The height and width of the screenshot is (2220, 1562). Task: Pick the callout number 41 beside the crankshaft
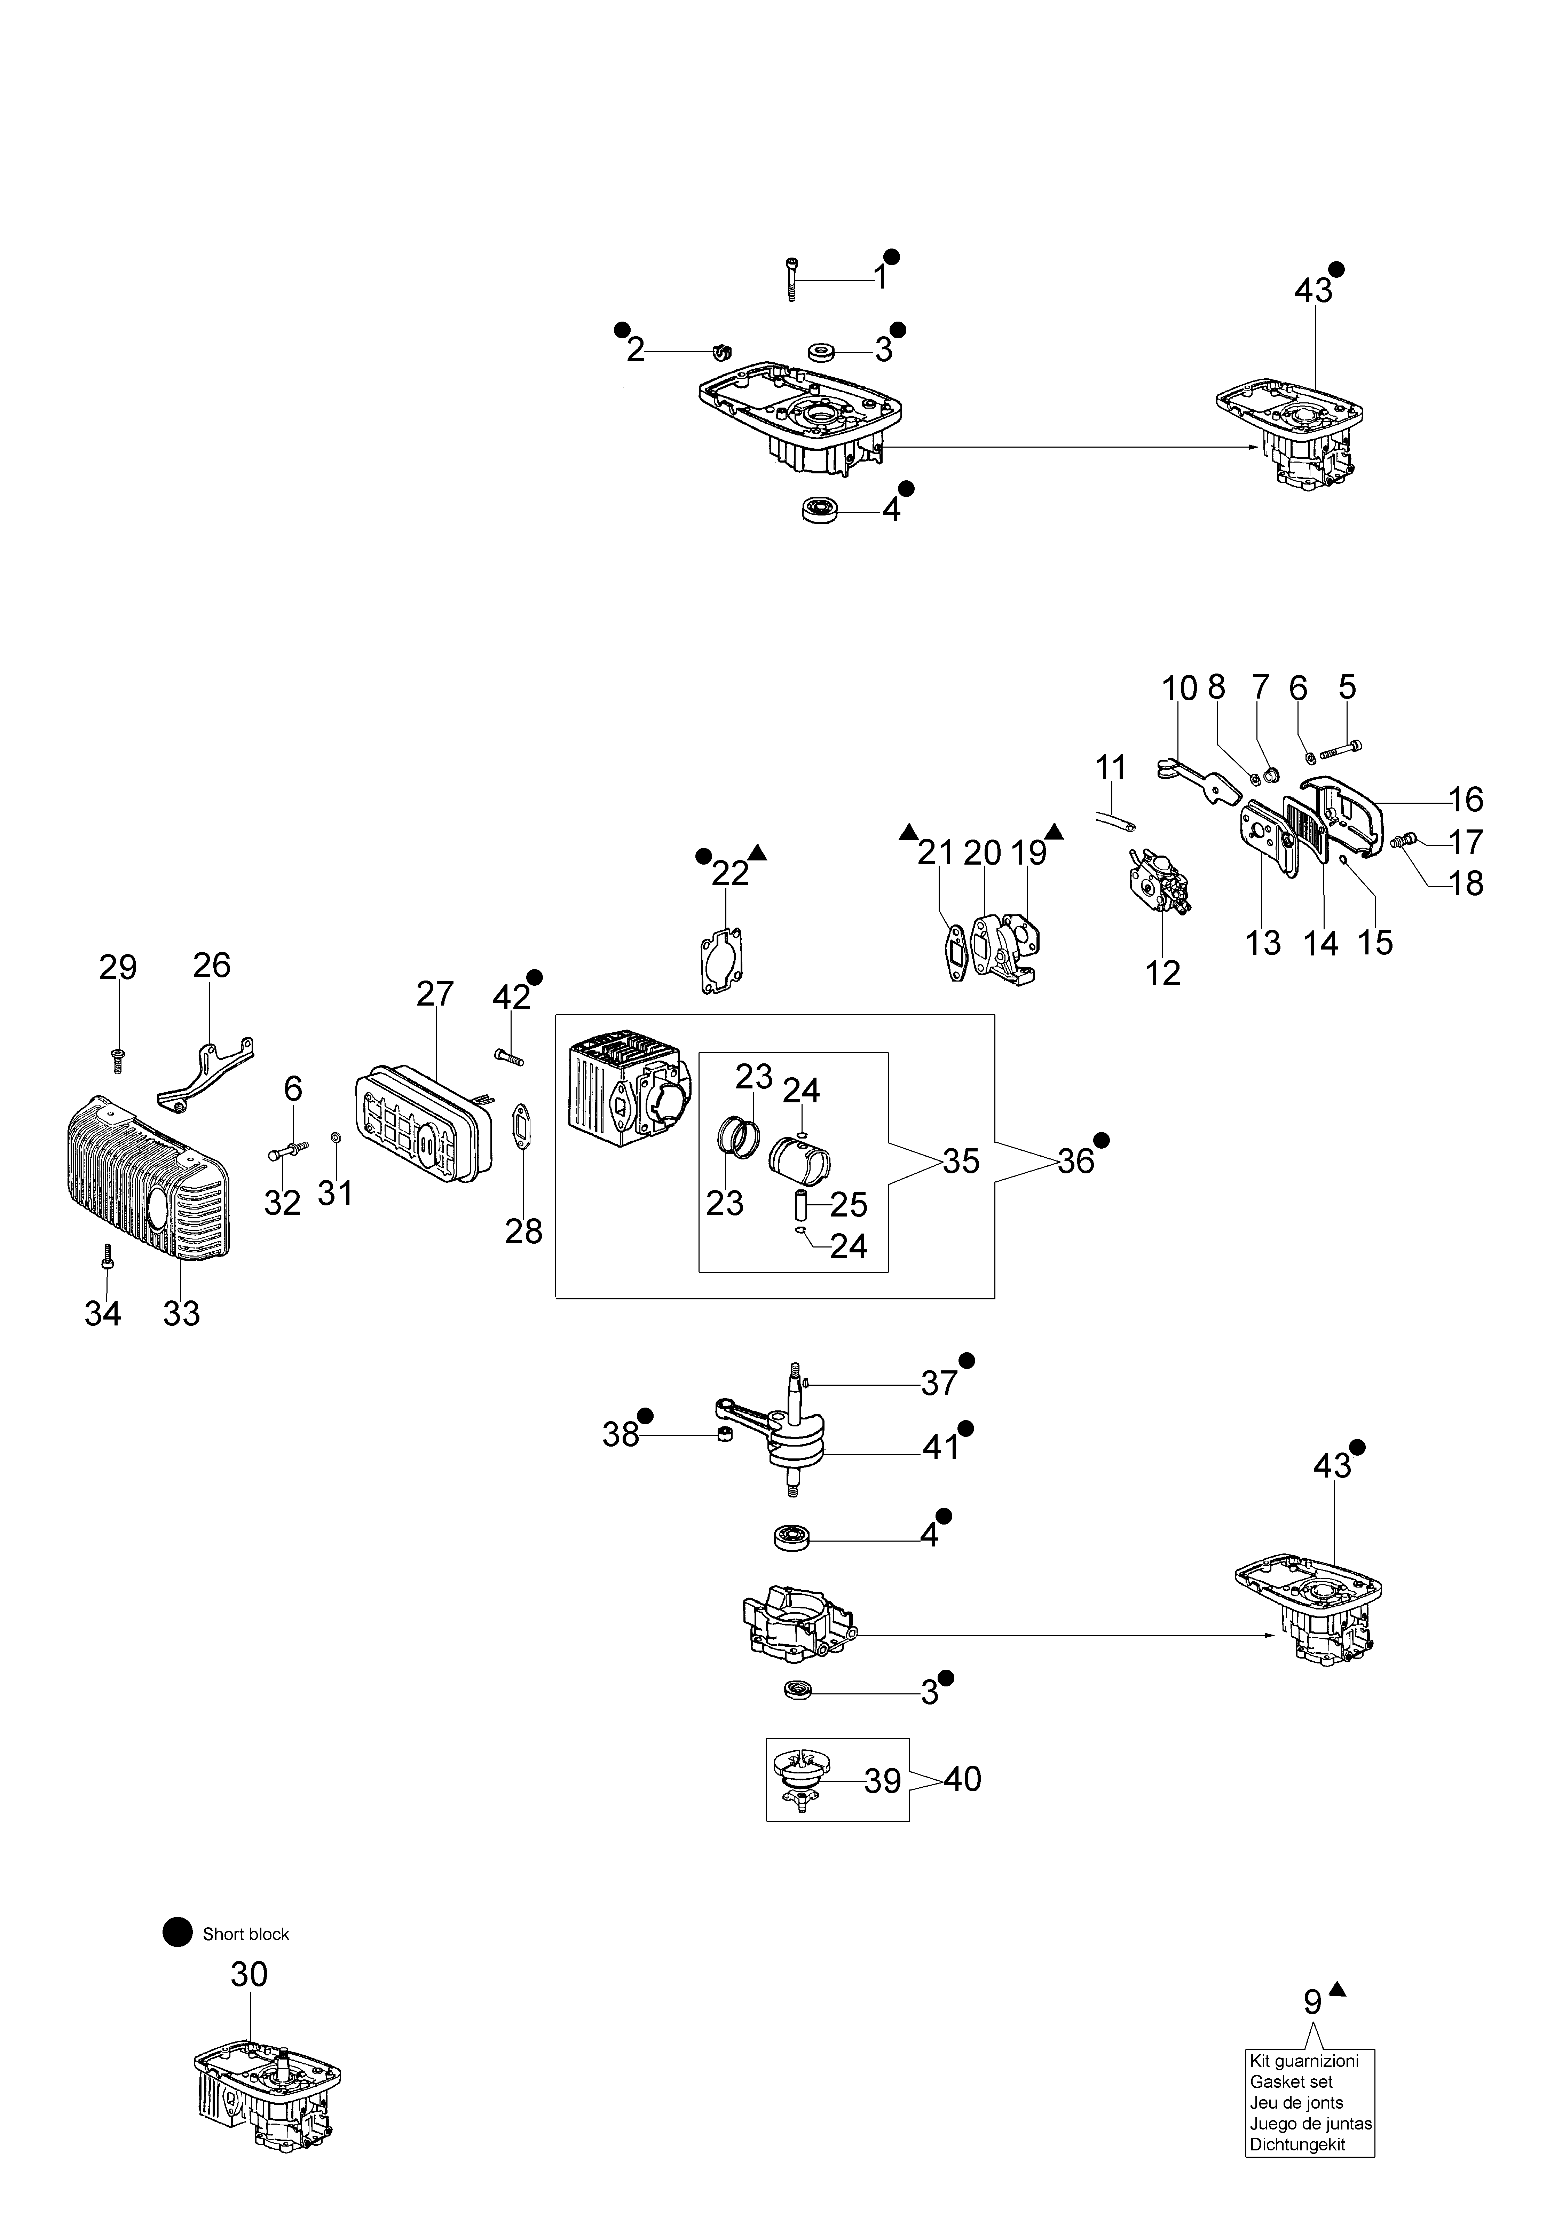pyautogui.click(x=939, y=1447)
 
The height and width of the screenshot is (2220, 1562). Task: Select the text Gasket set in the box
pyautogui.click(x=1291, y=2082)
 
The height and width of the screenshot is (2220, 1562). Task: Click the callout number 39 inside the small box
pyautogui.click(x=883, y=1781)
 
